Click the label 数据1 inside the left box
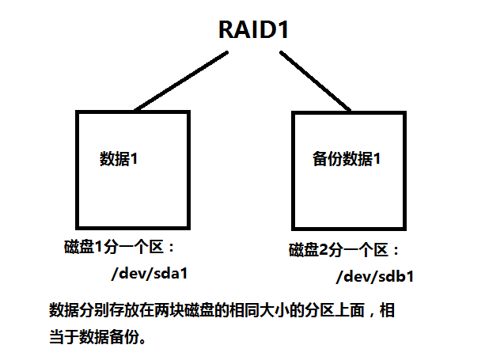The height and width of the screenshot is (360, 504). click(119, 157)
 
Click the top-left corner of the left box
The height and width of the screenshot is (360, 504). click(77, 112)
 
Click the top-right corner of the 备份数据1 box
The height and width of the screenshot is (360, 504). click(406, 112)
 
